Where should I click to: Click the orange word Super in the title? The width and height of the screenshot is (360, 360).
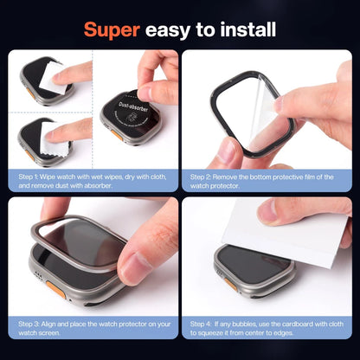(x=111, y=29)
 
